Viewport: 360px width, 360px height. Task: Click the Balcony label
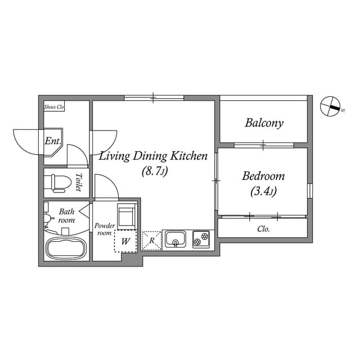pyautogui.click(x=264, y=123)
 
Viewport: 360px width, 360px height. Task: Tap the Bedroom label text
pyautogui.click(x=263, y=176)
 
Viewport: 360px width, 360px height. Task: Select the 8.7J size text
pyautogui.click(x=155, y=171)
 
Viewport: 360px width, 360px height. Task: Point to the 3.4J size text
pyautogui.click(x=263, y=191)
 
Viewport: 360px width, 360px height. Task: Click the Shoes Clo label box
pyautogui.click(x=54, y=106)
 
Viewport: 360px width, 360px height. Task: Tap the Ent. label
pyautogui.click(x=53, y=141)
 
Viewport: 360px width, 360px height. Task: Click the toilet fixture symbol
pyautogui.click(x=57, y=183)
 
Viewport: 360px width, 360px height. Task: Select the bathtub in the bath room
pyautogui.click(x=66, y=249)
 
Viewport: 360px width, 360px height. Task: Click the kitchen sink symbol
pyautogui.click(x=175, y=239)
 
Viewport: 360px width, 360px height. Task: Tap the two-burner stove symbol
pyautogui.click(x=201, y=239)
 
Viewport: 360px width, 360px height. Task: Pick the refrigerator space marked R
pyautogui.click(x=152, y=241)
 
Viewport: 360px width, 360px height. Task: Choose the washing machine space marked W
pyautogui.click(x=125, y=241)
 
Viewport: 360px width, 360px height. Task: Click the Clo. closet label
pyautogui.click(x=263, y=229)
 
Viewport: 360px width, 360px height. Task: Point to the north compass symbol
pyautogui.click(x=330, y=106)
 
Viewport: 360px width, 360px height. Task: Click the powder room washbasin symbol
pyautogui.click(x=126, y=216)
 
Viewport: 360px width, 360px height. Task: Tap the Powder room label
pyautogui.click(x=105, y=229)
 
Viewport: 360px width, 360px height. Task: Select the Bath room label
pyautogui.click(x=66, y=215)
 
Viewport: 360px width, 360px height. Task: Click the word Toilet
pyautogui.click(x=79, y=182)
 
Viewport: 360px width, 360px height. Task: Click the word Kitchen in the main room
pyautogui.click(x=189, y=156)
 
